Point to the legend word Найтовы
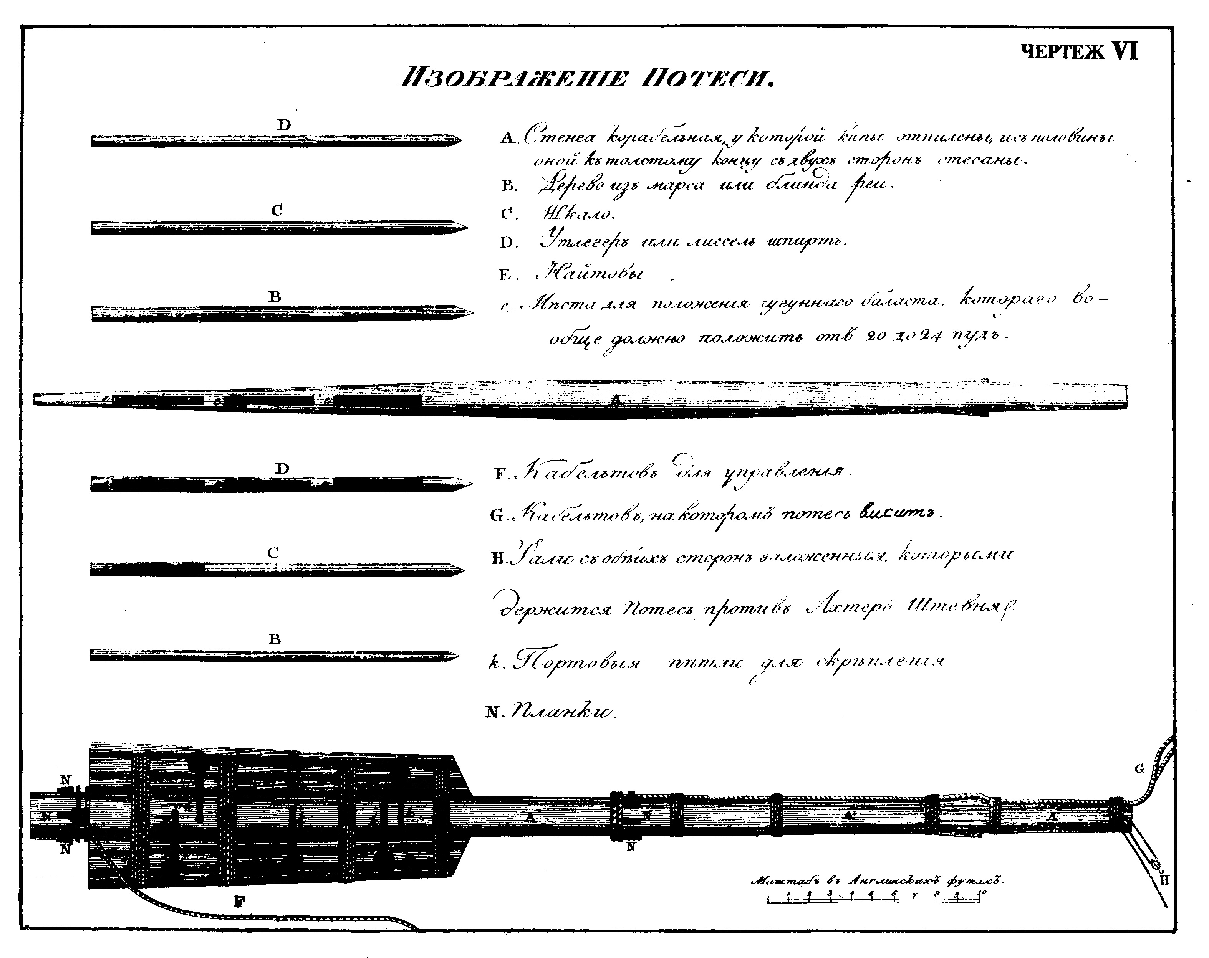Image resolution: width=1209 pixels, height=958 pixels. click(x=588, y=274)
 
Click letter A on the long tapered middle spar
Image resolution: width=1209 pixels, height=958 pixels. click(x=616, y=400)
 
